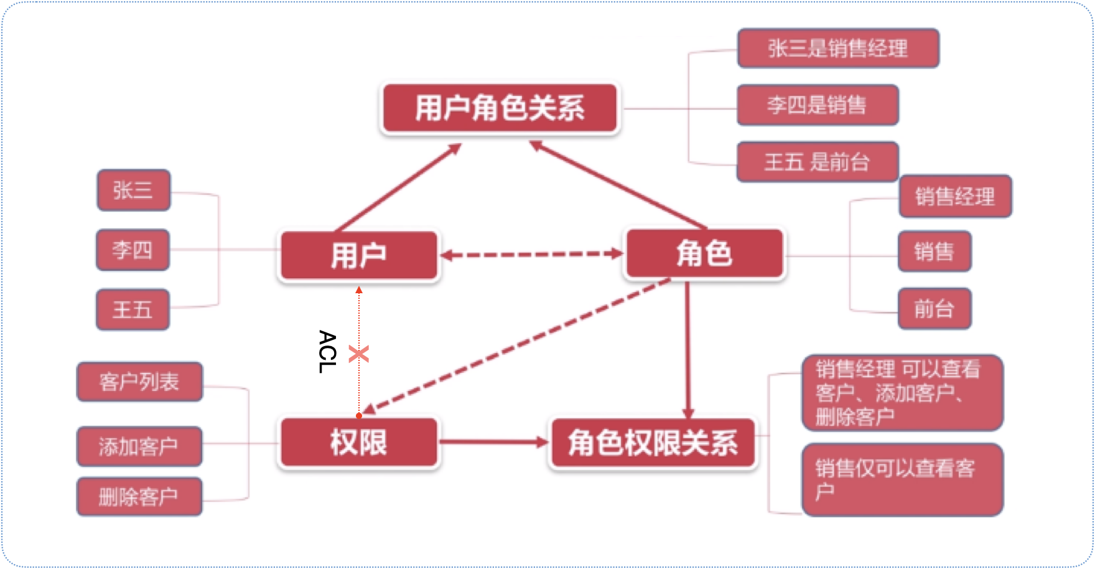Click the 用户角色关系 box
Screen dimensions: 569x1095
500,108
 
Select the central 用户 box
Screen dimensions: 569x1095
358,255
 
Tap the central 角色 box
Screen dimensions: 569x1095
704,253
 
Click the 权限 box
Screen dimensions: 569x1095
358,443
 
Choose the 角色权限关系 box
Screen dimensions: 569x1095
653,443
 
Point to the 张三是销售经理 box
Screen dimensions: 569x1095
837,48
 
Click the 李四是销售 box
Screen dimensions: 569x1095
817,105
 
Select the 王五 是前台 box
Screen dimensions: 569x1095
817,162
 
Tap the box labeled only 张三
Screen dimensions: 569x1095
133,190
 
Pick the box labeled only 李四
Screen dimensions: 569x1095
133,250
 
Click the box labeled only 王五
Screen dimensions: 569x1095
133,309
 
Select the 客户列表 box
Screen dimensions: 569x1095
139,382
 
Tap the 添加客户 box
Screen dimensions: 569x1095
139,446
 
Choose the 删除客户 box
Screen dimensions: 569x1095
139,497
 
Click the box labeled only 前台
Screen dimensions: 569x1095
934,308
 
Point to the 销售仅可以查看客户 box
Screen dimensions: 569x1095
902,479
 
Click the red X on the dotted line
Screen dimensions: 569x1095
359,354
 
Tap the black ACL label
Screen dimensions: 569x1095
327,351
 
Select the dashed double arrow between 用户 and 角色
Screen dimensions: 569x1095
532,254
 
